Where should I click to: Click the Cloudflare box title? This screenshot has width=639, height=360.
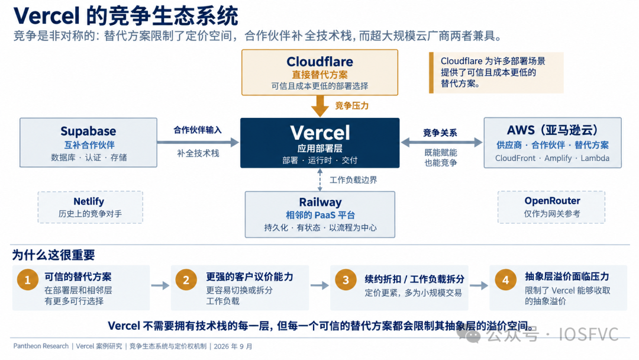tap(319, 62)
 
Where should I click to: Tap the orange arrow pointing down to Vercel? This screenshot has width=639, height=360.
tap(320, 106)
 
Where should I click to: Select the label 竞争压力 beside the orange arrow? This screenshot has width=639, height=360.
tap(351, 106)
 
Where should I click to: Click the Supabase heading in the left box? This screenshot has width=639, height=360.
tap(88, 131)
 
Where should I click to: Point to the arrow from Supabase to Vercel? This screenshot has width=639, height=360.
tap(198, 142)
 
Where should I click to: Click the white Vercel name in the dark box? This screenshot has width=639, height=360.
tap(320, 133)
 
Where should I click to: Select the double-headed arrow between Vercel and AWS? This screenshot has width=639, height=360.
tap(441, 142)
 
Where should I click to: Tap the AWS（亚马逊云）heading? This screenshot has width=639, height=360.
tap(552, 130)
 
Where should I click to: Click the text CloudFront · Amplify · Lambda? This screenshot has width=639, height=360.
tap(552, 158)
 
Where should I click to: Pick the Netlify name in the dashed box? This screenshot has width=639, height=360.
tap(89, 201)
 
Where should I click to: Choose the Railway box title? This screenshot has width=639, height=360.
tap(320, 202)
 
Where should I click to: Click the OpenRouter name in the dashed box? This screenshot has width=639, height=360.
tap(552, 201)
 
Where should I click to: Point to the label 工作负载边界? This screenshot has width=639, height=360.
tap(353, 180)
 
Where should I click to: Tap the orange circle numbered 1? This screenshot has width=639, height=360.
tap(28, 279)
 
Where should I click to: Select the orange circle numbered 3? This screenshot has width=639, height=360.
tap(346, 279)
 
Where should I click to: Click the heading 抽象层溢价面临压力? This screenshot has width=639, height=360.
tap(567, 277)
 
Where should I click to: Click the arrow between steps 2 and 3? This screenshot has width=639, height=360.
tap(319, 285)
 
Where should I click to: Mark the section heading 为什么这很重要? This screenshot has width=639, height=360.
tap(53, 255)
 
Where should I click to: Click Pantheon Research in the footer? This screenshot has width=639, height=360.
tap(41, 346)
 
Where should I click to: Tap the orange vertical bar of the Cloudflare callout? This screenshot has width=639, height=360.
tap(431, 73)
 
